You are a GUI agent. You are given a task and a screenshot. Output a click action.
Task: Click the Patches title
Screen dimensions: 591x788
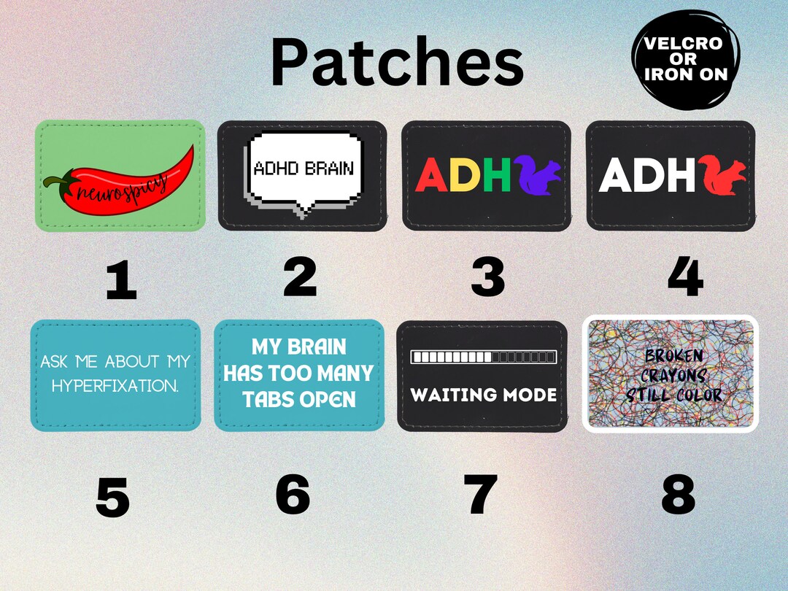pos(397,63)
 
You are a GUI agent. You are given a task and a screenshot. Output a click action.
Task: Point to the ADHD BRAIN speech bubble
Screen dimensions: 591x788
pos(302,169)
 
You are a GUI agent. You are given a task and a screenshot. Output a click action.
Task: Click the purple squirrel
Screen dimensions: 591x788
pos(539,176)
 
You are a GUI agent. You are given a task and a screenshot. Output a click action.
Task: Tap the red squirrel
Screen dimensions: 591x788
pos(724,176)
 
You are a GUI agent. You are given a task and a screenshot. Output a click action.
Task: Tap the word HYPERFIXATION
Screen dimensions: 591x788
pos(115,386)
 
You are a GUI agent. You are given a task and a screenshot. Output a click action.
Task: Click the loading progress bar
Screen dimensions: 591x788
pos(483,357)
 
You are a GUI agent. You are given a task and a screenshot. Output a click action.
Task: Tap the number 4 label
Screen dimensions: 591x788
pos(684,277)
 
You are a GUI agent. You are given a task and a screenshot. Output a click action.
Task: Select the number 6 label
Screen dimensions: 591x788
pos(292,494)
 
